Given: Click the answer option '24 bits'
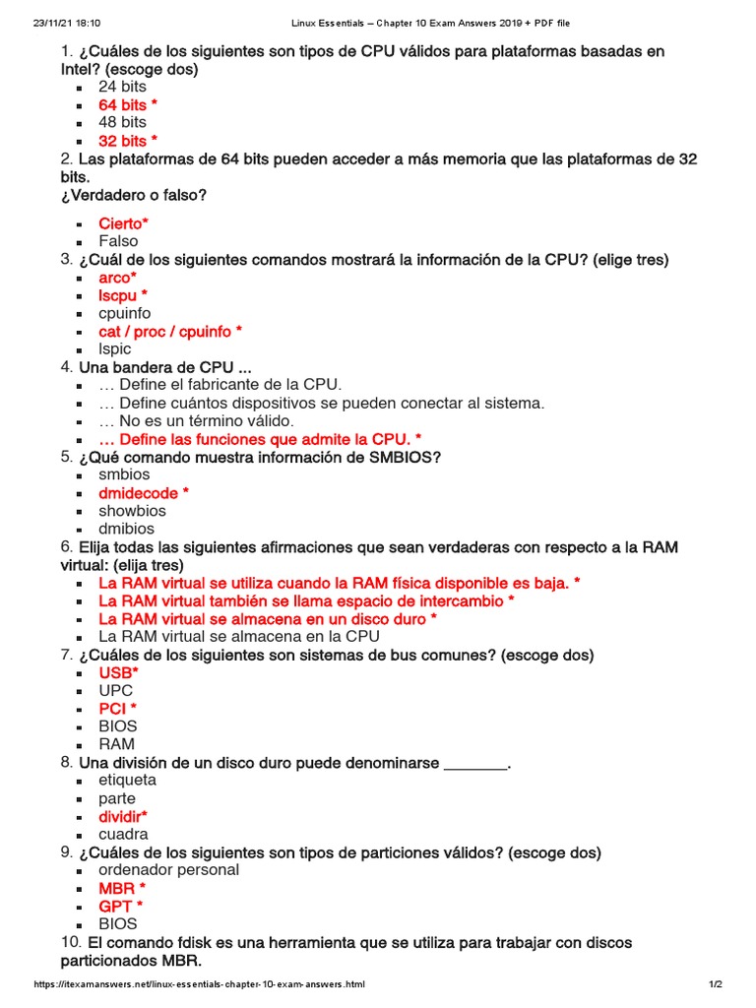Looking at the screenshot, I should pyautogui.click(x=122, y=87).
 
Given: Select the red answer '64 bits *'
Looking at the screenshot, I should pyautogui.click(x=127, y=104).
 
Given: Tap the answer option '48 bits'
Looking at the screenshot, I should pyautogui.click(x=122, y=122).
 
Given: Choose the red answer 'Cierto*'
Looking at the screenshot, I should pyautogui.click(x=123, y=223).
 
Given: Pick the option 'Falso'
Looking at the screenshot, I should pyautogui.click(x=118, y=241).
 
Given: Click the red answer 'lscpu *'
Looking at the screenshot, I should pyautogui.click(x=123, y=295).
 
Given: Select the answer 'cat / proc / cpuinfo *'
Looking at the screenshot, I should pyautogui.click(x=169, y=332).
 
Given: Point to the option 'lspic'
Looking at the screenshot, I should pyautogui.click(x=114, y=349).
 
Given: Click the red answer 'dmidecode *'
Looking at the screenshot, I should pyautogui.click(x=143, y=493).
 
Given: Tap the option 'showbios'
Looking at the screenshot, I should pyautogui.click(x=132, y=511).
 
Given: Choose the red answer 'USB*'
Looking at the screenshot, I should pyautogui.click(x=118, y=672).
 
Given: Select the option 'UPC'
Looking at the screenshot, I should pyautogui.click(x=115, y=691).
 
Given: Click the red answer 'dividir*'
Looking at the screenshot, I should pyautogui.click(x=122, y=816).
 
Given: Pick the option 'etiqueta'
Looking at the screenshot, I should pyautogui.click(x=127, y=781).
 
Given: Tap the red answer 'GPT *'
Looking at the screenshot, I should pyautogui.click(x=120, y=906).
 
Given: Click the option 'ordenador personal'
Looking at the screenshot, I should pyautogui.click(x=168, y=870).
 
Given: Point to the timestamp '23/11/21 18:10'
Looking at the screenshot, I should pyautogui.click(x=53, y=22).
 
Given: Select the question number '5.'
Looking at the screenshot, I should pyautogui.click(x=66, y=457).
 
